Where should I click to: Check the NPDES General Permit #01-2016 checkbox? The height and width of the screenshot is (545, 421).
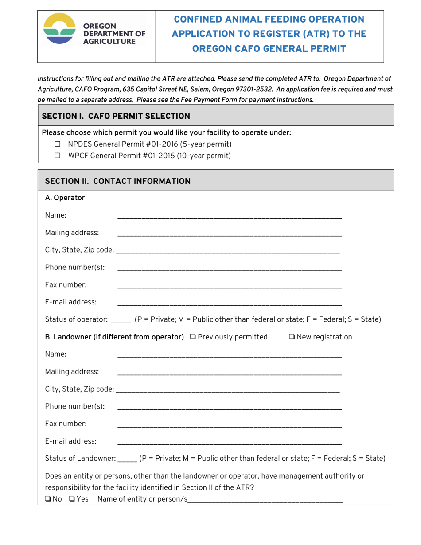(57, 144)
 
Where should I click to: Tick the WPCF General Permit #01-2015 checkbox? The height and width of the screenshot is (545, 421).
(57, 156)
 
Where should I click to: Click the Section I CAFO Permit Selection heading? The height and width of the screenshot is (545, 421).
(116, 117)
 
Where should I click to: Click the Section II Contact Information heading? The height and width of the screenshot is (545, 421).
(118, 181)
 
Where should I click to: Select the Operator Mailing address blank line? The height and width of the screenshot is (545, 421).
(229, 235)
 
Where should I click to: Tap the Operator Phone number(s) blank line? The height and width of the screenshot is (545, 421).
(229, 269)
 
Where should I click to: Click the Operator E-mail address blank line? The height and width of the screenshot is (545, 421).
(229, 304)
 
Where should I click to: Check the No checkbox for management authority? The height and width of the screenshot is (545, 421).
(48, 500)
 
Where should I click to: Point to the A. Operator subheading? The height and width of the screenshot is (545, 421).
(65, 198)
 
